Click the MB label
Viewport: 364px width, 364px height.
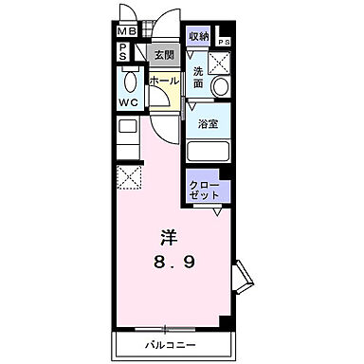(x=127, y=31)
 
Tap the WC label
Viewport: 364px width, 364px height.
(x=128, y=101)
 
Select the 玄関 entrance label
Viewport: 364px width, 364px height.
(x=163, y=55)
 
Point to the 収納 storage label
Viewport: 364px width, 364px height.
(x=198, y=36)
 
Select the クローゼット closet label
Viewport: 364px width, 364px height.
(x=205, y=187)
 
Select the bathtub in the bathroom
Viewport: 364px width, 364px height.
(x=209, y=150)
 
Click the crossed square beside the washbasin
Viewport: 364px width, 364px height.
(x=221, y=62)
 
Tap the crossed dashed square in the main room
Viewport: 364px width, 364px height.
(x=128, y=177)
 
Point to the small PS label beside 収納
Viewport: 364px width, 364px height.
(x=225, y=43)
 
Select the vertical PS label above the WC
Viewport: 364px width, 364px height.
(x=123, y=53)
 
